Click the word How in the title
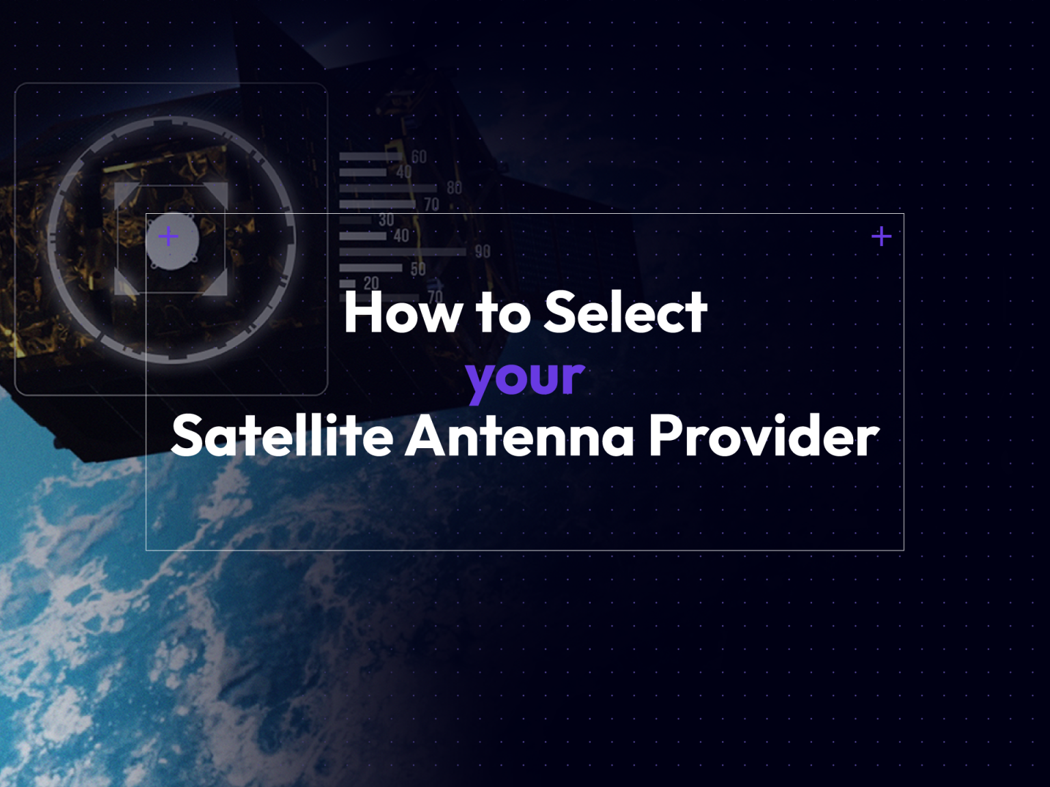pyautogui.click(x=401, y=313)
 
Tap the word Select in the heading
pyautogui.click(x=625, y=313)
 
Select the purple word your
pyautogui.click(x=525, y=377)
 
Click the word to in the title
pyautogui.click(x=503, y=313)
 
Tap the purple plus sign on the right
pyautogui.click(x=882, y=236)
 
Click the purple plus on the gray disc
pyautogui.click(x=168, y=236)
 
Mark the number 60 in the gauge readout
pyautogui.click(x=419, y=157)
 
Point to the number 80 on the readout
pyautogui.click(x=454, y=188)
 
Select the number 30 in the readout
pyautogui.click(x=386, y=220)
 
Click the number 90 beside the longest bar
pyautogui.click(x=483, y=251)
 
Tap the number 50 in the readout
pyautogui.click(x=418, y=268)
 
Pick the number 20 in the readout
pyautogui.click(x=371, y=283)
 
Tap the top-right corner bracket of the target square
pyautogui.click(x=217, y=193)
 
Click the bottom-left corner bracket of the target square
pyautogui.click(x=124, y=286)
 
